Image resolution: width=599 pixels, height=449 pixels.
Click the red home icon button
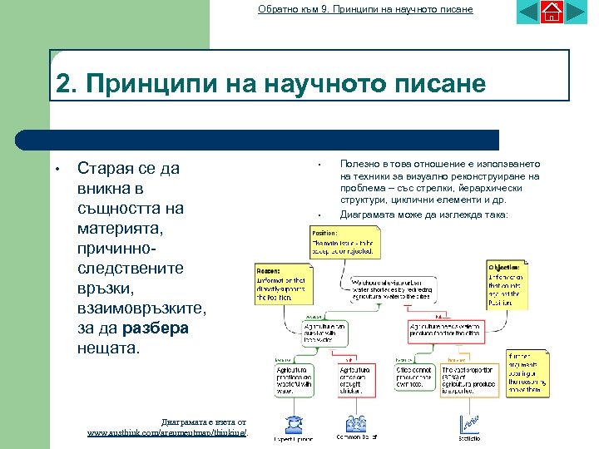pos(551,12)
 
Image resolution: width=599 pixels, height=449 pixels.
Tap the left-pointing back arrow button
pos(528,12)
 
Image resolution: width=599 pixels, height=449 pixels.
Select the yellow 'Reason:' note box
pos(284,283)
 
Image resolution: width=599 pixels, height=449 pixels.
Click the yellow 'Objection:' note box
pos(507,283)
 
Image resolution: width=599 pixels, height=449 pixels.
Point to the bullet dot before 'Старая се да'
pos(56,170)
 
